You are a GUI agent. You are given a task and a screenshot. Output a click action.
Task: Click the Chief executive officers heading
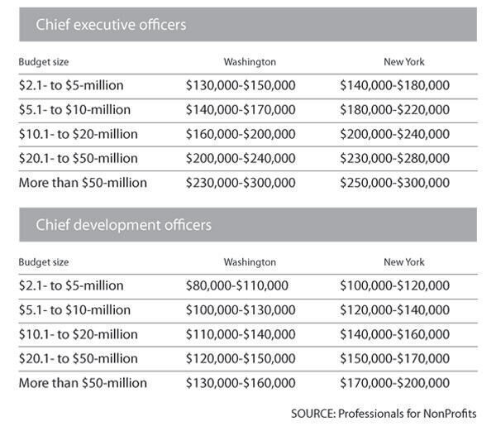point(111,25)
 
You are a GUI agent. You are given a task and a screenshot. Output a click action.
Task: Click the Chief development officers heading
point(123,225)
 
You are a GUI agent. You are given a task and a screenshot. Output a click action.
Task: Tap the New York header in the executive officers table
point(403,62)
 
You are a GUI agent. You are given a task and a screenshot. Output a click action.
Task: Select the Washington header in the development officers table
point(250,262)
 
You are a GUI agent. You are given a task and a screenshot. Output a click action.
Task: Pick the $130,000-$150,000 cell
point(240,85)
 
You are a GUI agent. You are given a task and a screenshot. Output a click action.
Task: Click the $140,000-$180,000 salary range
point(394,85)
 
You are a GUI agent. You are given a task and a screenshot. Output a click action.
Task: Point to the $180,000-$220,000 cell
point(394,109)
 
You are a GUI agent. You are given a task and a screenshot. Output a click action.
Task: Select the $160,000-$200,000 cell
point(240,134)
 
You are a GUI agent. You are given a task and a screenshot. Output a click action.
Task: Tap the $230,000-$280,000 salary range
point(394,158)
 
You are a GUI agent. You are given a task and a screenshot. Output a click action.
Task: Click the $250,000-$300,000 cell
point(394,183)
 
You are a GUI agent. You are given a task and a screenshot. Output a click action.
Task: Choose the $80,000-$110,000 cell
point(236,285)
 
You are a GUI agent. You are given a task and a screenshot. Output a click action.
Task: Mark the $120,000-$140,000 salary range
point(394,310)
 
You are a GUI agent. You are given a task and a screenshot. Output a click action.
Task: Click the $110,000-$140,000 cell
point(240,334)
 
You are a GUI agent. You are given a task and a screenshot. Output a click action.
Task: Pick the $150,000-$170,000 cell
point(394,359)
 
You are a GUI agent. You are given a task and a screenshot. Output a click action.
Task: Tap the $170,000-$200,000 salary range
point(394,383)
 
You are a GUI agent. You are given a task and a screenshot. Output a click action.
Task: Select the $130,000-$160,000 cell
point(240,383)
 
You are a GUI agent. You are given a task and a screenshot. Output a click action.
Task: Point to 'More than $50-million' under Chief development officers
point(83,383)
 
